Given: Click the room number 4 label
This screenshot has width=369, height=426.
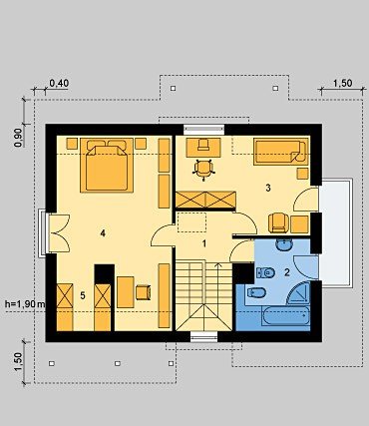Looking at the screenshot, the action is coord(103,233).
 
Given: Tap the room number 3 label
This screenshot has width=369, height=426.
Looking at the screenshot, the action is coord(268,188).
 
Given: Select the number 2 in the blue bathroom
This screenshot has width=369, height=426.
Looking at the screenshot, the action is coord(287,272).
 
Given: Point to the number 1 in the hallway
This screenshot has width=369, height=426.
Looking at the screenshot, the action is coord(204,243).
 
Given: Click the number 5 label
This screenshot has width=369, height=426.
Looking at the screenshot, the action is coord(83,295).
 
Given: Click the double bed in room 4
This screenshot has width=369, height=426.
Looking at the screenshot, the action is coord(107,166).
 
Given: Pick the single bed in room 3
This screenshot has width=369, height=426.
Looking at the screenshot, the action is coord(281,152).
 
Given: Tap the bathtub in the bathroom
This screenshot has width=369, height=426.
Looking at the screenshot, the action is coord(286,315).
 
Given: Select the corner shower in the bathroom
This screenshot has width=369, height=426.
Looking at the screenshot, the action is coord(298,293).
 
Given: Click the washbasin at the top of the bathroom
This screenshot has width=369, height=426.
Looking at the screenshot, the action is coord(284,244).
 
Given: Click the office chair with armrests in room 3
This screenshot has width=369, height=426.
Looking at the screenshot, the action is coord(203,169).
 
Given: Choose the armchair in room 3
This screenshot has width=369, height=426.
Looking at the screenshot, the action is coord(278,222).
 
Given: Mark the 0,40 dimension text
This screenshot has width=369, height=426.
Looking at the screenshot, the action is coord(59,83).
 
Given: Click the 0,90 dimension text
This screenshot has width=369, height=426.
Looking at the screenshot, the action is coord(18,138).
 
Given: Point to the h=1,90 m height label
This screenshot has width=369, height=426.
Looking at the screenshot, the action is coord(25,303).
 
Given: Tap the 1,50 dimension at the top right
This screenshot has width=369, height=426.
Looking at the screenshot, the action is coord(342,83).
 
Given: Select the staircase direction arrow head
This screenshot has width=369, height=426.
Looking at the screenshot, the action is coord(218,265).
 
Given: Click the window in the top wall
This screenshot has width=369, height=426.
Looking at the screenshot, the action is coord(204,129).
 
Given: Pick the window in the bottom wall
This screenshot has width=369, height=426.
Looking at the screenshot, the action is coord(204,336).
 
